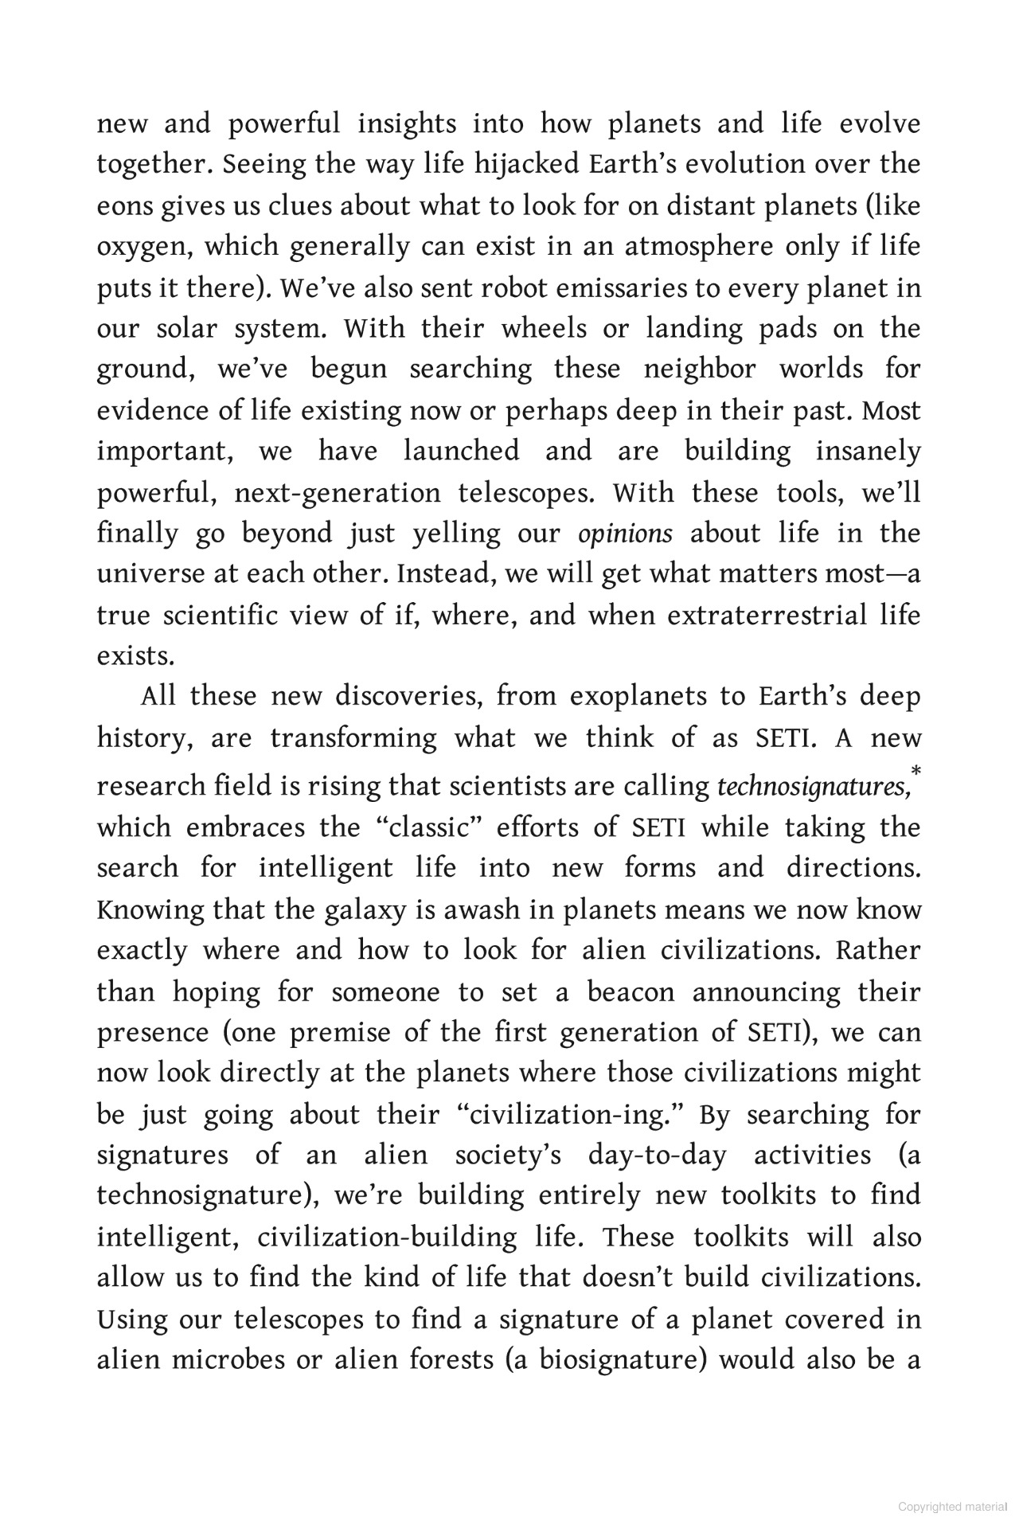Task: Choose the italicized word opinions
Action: [625, 534]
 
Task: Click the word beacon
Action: [631, 992]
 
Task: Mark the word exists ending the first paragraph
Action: [135, 656]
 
